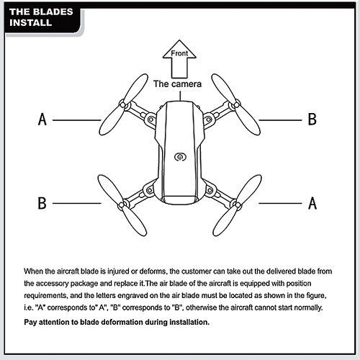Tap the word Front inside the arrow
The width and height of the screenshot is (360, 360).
pos(179,53)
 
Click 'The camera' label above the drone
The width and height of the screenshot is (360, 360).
pos(177,84)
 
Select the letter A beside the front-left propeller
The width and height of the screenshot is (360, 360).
pos(42,120)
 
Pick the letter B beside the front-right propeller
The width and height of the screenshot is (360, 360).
pos(312,120)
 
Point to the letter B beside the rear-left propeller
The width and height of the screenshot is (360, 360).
pos(42,203)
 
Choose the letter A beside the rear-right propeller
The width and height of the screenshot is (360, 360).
pos(312,203)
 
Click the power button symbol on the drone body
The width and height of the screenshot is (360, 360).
pos(180,157)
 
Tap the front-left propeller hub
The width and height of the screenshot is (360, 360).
pos(122,105)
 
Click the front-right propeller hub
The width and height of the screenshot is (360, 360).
pos(237,105)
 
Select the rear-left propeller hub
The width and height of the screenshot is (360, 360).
pos(122,205)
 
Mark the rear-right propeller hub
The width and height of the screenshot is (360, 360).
pos(238,205)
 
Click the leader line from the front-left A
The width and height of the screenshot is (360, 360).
pos(77,120)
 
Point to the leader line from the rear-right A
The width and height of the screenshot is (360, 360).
pos(280,203)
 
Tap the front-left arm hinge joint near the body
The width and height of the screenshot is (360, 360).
pos(151,120)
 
